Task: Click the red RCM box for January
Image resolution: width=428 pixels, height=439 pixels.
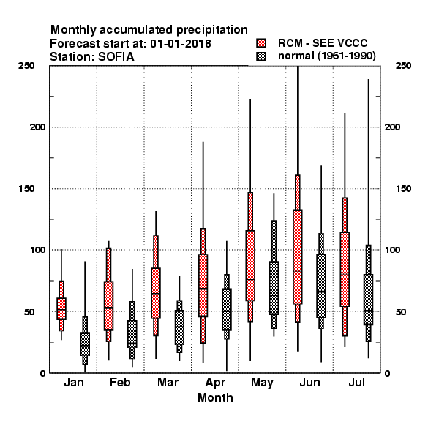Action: pos(61,308)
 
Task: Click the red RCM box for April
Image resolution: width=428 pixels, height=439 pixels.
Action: pos(203,285)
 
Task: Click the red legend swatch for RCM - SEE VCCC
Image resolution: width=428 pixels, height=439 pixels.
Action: pos(261,43)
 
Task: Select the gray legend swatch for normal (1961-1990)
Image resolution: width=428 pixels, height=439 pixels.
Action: pos(261,56)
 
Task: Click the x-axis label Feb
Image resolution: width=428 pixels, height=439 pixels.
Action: pos(120,382)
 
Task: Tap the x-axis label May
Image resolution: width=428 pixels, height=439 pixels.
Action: pos(262,383)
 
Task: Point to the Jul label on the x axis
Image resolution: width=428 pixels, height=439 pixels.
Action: pos(356,382)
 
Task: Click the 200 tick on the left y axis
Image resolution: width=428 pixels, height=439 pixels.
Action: pos(37,127)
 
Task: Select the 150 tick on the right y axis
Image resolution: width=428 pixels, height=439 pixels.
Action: pos(403,189)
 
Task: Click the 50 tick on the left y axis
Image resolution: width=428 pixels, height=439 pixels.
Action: pos(29,312)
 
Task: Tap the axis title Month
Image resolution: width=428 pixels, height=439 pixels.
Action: pos(215,397)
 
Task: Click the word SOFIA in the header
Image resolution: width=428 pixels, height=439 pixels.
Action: pos(116,56)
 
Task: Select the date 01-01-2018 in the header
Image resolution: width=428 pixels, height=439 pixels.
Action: pos(181,43)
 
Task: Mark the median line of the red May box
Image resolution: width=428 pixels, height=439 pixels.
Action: pos(250,279)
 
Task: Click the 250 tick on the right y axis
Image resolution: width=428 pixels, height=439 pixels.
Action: pos(403,66)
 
